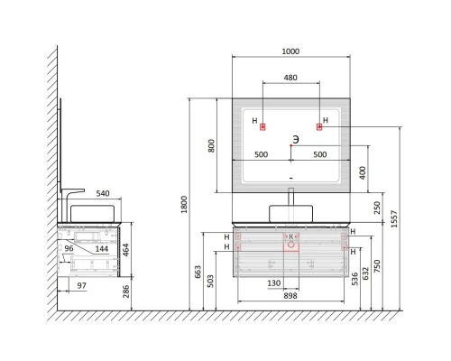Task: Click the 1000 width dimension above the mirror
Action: [x=290, y=51]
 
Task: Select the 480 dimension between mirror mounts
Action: [x=290, y=78]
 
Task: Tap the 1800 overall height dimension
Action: [x=184, y=205]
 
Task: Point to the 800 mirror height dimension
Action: [x=212, y=145]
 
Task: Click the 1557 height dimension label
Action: [x=394, y=219]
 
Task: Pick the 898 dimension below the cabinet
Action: [x=290, y=296]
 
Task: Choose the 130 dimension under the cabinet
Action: [x=274, y=283]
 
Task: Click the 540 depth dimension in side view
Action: [x=103, y=193]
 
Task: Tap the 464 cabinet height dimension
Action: [x=126, y=250]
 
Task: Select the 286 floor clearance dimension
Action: [x=126, y=292]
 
